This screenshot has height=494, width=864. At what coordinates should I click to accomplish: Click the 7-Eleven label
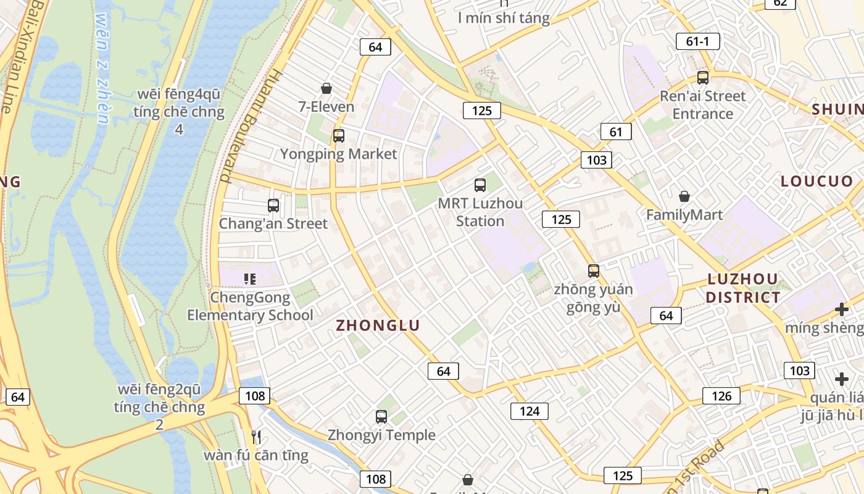[326, 106]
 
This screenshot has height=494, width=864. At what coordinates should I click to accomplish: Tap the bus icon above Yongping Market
[338, 136]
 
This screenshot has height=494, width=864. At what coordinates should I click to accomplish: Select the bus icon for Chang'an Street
[273, 206]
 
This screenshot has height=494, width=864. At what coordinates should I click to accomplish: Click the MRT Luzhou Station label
[480, 212]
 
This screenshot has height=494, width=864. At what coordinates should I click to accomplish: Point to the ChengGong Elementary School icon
[250, 279]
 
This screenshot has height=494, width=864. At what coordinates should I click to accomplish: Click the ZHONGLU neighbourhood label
[378, 325]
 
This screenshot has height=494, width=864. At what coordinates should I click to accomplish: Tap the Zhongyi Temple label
[381, 435]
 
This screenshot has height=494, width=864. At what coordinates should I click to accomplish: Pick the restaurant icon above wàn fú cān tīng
[256, 437]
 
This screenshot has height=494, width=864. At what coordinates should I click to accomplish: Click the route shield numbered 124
[530, 411]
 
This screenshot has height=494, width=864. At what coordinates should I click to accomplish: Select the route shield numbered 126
[721, 396]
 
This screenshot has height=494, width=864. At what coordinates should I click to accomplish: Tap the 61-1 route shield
[697, 41]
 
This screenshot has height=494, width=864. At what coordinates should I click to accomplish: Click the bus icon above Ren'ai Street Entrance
[703, 78]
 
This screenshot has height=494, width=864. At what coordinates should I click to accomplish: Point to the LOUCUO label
[816, 181]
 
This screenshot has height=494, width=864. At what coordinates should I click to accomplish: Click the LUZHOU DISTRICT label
[743, 288]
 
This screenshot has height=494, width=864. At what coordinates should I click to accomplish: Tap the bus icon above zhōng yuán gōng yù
[593, 271]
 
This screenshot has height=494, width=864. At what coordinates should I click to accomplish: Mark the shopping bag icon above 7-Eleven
[326, 89]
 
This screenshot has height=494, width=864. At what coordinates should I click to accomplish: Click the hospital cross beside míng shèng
[841, 309]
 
